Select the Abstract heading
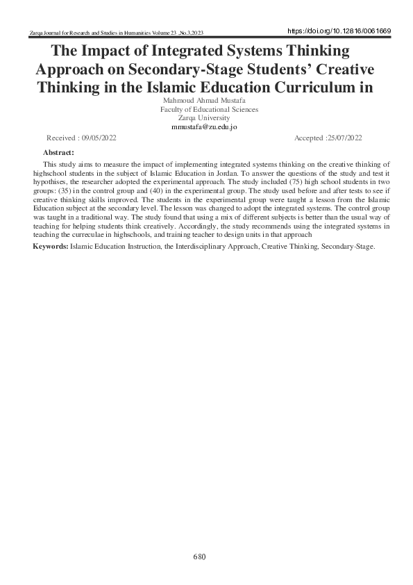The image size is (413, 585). point(58,151)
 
